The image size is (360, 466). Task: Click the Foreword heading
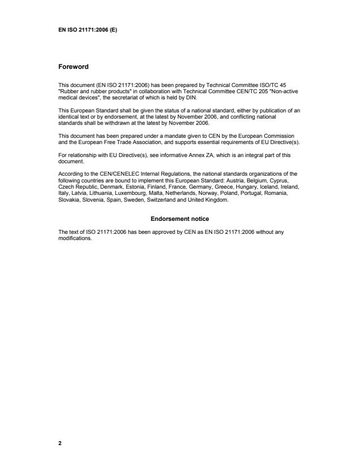(x=73, y=67)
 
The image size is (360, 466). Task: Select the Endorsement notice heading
(x=180, y=219)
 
